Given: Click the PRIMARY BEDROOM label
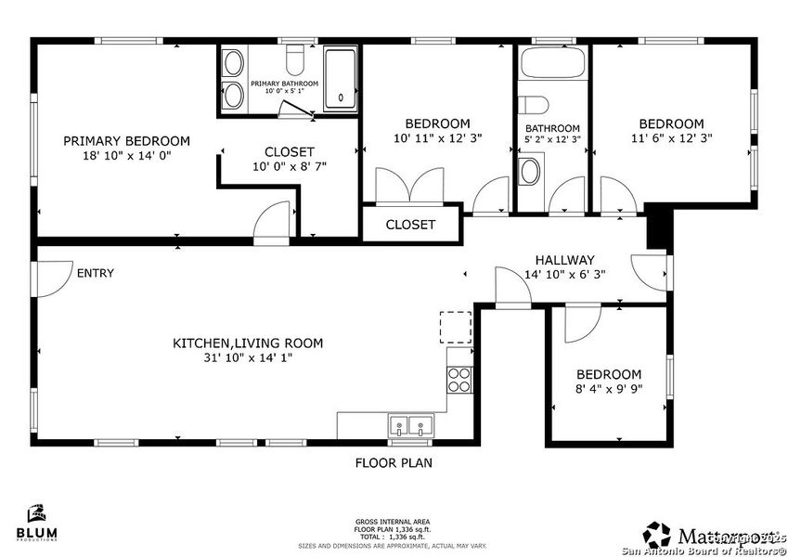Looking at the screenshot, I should pyautogui.click(x=126, y=141).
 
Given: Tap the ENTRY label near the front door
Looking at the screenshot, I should pyautogui.click(x=95, y=273).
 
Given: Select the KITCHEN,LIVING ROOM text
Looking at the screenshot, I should pyautogui.click(x=248, y=343).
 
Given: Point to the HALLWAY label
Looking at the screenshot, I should pyautogui.click(x=564, y=260).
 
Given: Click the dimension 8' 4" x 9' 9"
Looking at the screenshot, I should pyautogui.click(x=609, y=390).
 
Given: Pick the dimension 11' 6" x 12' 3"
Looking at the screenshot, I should pyautogui.click(x=670, y=138).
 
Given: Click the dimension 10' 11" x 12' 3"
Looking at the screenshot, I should pyautogui.click(x=437, y=138).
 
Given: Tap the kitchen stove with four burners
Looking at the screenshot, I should pyautogui.click(x=459, y=379).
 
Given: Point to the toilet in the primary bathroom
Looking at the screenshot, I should pyautogui.click(x=296, y=60).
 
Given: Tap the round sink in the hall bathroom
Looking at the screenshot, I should pyautogui.click(x=530, y=171).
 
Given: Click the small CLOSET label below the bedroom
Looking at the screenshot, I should pyautogui.click(x=410, y=225).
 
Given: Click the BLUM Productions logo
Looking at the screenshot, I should pyautogui.click(x=37, y=523).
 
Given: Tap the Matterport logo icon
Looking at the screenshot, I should pyautogui.click(x=658, y=534).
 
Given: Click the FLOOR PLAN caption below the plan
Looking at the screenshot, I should pyautogui.click(x=394, y=462).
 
